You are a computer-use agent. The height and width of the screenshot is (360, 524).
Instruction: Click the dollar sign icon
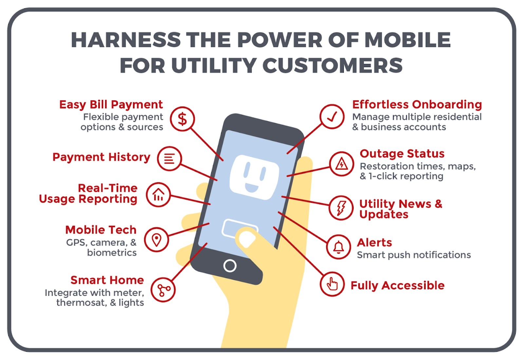pos(182,119)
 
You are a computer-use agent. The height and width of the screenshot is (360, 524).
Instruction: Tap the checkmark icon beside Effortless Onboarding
pos(332,117)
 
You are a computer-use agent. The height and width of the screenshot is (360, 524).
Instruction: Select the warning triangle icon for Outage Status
pos(341,164)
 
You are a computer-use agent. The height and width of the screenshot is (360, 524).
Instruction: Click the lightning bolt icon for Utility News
pos(341,208)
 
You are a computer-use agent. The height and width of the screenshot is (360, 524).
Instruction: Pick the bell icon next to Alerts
pos(339,247)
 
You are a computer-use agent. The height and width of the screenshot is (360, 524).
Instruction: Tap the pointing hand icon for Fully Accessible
pos(332,284)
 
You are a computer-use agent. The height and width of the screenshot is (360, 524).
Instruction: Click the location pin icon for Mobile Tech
pos(157,239)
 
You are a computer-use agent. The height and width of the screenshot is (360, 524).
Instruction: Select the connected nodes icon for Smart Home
pos(163,290)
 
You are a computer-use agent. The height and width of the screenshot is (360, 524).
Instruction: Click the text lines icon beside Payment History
pos(169,159)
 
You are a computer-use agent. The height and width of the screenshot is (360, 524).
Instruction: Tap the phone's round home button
pos(230,266)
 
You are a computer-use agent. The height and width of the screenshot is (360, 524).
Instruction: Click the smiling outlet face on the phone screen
pos(254,177)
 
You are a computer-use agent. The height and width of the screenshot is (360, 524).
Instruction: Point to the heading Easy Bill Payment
pos(111,104)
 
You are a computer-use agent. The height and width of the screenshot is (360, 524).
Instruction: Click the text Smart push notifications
pos(414,255)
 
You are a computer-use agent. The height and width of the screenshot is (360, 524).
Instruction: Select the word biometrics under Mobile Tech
pos(112,253)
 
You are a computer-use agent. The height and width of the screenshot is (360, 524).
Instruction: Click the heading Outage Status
pos(402,154)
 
